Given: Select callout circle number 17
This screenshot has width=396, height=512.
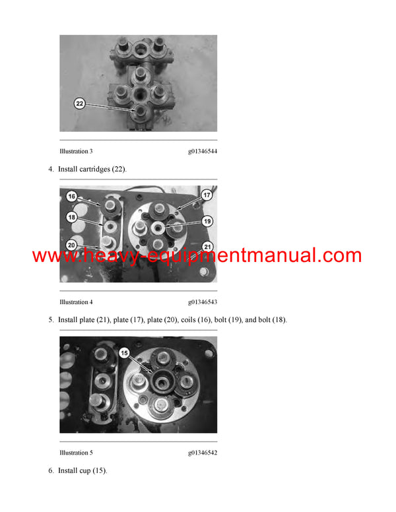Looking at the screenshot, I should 206,195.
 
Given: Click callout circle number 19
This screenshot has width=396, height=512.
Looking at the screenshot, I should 206,221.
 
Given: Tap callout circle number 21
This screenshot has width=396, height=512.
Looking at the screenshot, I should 206,247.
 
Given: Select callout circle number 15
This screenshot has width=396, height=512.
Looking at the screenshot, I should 125,354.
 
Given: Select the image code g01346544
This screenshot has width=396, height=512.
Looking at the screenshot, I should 202,151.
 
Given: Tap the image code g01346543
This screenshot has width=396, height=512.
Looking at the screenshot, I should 202,302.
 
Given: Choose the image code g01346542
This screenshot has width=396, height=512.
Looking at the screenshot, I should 202,453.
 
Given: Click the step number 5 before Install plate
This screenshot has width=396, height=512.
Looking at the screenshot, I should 50,320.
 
